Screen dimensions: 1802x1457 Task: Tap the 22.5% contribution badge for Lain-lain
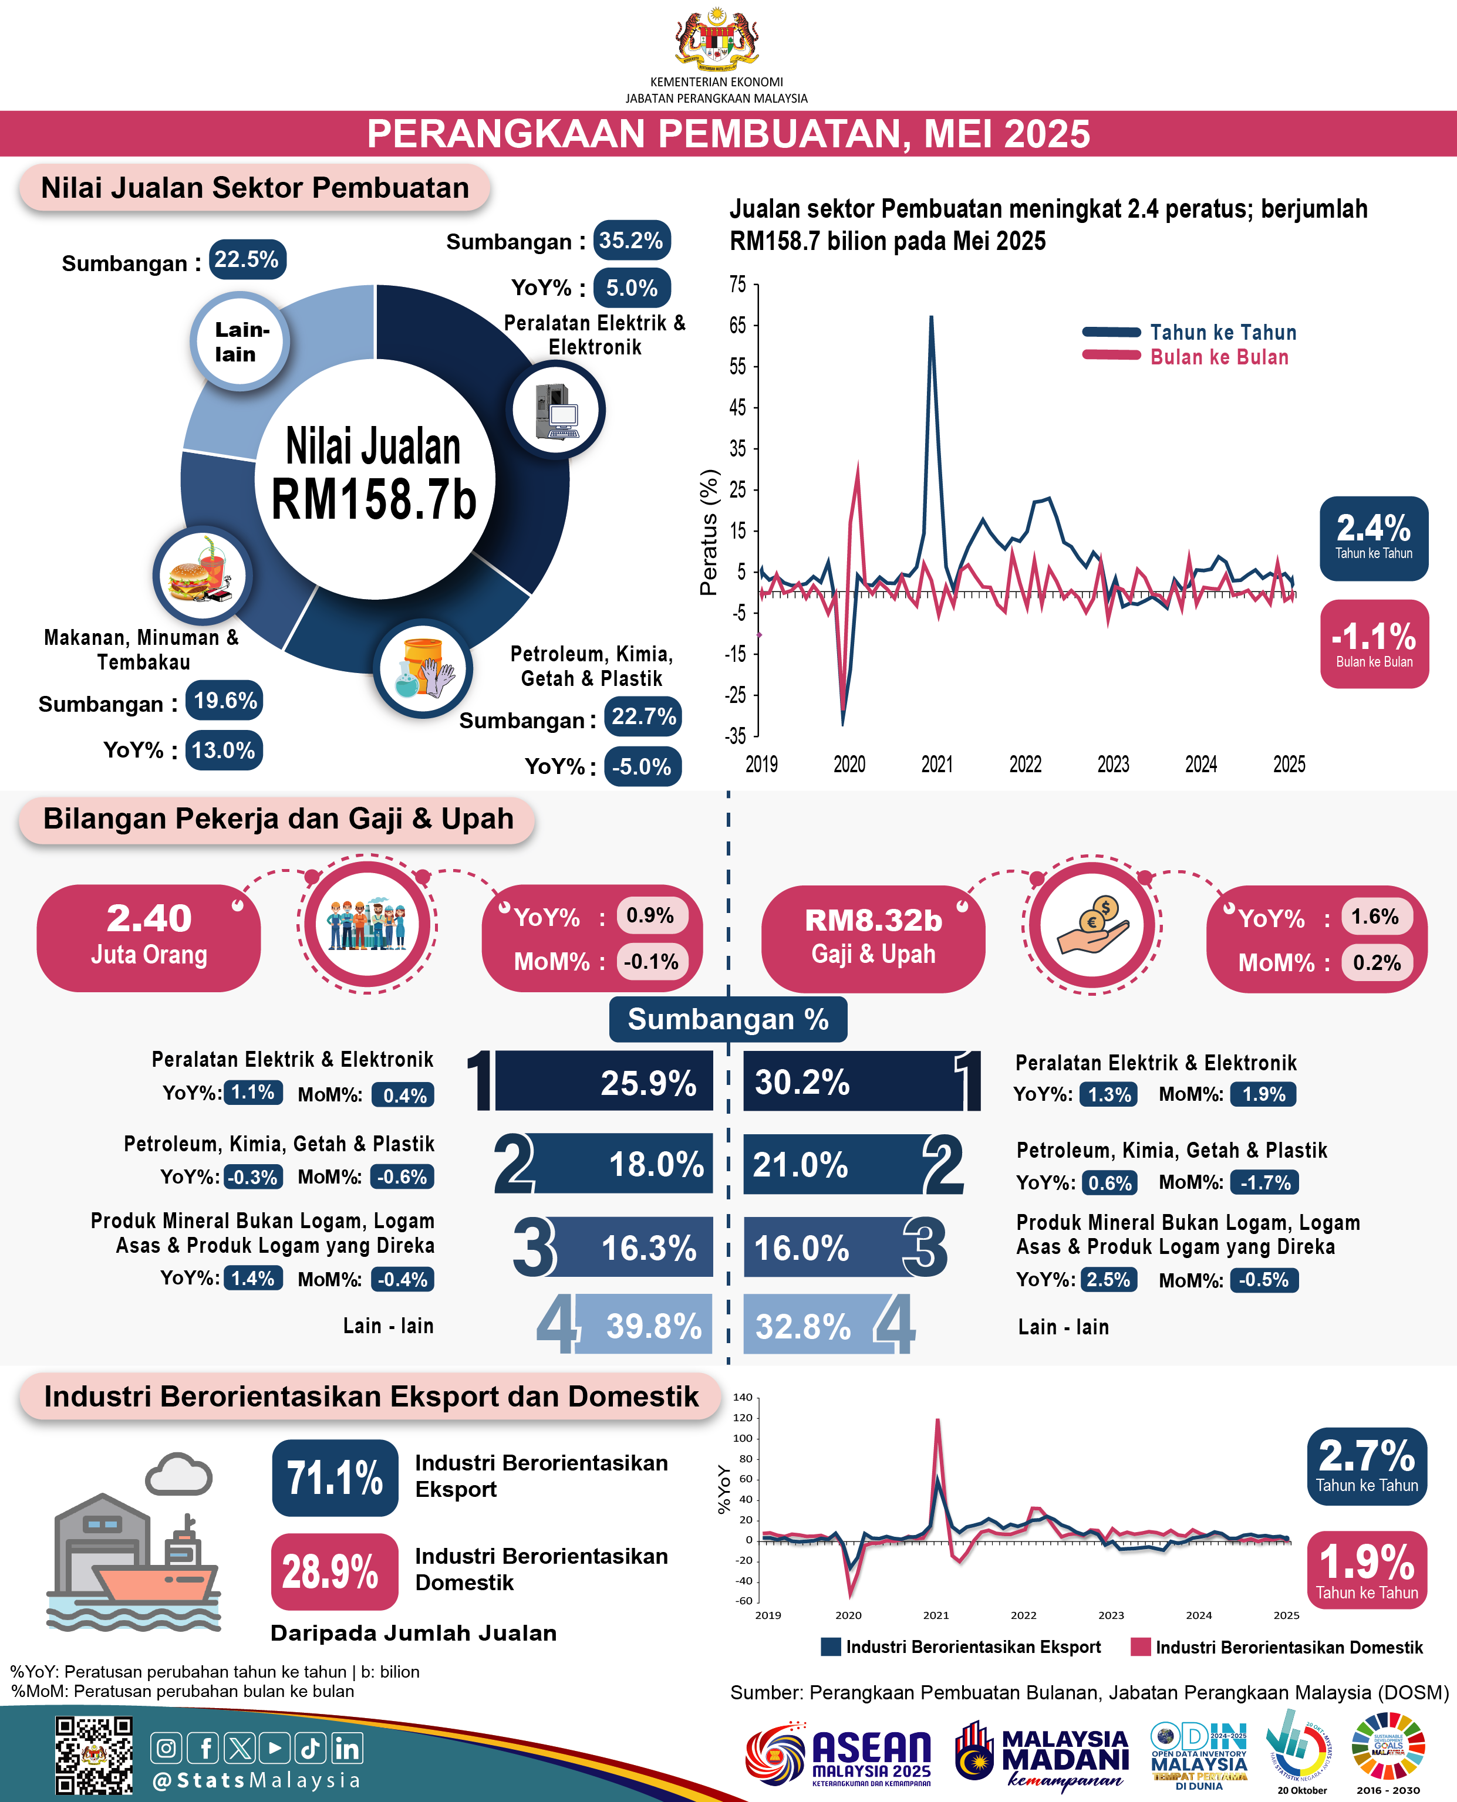(x=246, y=259)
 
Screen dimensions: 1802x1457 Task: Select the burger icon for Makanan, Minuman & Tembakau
(x=201, y=576)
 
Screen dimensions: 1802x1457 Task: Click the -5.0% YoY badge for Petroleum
(x=642, y=766)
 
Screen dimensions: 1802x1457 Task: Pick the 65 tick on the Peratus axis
(x=738, y=326)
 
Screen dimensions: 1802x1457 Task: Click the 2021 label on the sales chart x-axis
(x=937, y=764)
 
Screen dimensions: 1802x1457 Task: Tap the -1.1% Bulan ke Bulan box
(x=1374, y=644)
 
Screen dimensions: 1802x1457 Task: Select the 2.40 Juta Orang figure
(x=149, y=937)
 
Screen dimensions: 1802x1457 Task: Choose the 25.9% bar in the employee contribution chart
(x=603, y=1082)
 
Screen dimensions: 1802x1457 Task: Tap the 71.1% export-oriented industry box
(x=334, y=1478)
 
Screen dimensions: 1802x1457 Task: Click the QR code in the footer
(x=93, y=1756)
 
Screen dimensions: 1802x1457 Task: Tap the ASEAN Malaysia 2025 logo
(x=839, y=1757)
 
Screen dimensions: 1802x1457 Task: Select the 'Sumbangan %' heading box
(x=728, y=1019)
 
